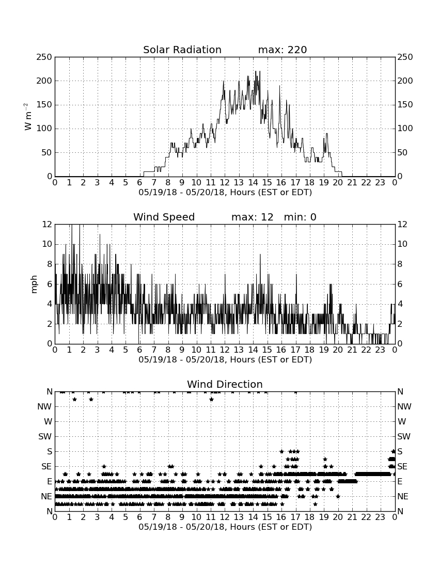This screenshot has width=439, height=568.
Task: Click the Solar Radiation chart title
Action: click(182, 50)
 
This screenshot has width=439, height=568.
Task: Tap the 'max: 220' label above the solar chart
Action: click(283, 50)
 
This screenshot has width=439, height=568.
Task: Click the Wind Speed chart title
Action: click(164, 217)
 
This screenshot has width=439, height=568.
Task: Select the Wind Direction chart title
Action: click(225, 384)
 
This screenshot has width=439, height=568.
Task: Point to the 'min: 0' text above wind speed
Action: click(300, 217)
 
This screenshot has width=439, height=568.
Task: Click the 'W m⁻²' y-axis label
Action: click(28, 117)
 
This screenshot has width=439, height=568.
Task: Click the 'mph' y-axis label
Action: click(34, 285)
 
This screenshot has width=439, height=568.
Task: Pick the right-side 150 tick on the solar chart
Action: click(405, 105)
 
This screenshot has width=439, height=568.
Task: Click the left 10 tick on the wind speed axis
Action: click(47, 244)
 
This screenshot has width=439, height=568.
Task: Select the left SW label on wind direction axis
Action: click(45, 436)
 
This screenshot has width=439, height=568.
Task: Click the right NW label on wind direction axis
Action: click(404, 406)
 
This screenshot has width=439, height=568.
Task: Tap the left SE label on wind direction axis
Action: click(46, 467)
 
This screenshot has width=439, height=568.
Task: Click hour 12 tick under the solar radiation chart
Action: click(225, 183)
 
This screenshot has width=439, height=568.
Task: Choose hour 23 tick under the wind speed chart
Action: click(380, 350)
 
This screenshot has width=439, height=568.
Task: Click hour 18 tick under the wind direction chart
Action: click(309, 517)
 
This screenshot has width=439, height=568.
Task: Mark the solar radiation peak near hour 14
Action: click(256, 71)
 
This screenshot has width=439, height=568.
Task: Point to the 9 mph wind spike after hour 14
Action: click(260, 255)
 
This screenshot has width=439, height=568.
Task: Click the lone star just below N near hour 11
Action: click(212, 399)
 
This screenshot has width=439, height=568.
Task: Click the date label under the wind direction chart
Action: click(225, 527)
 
